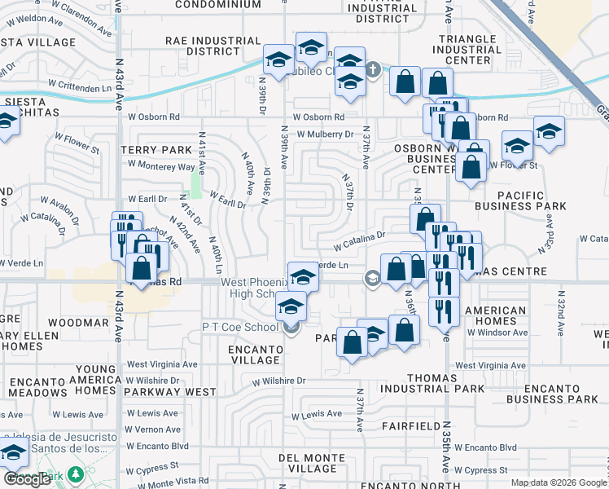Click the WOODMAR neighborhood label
pos(78,323)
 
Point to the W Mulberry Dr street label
pos(326,134)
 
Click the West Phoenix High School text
pos(253,288)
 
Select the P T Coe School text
pos(240,326)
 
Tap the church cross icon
pos(373,70)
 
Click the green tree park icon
pos(76,474)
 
